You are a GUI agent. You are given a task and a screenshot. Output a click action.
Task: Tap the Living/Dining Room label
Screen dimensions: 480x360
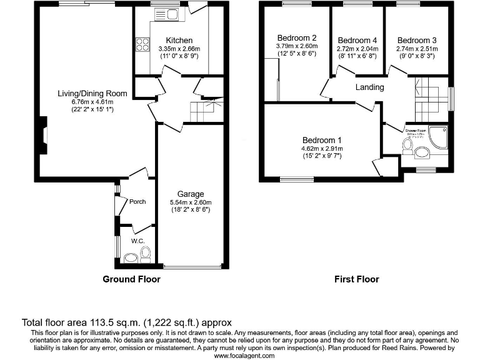coord(92,94)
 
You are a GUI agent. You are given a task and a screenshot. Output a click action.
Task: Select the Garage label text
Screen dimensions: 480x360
coord(191,194)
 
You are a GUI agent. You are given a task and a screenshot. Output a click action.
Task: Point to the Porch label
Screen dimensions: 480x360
coord(137,202)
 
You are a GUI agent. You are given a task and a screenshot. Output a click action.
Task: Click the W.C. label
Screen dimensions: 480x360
coord(137,241)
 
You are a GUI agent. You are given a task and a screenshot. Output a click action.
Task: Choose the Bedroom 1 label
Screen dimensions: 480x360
coord(322,140)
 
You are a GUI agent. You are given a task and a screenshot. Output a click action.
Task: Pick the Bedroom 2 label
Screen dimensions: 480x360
coord(296,37)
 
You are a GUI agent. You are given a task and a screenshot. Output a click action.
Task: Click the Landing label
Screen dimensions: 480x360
coord(369,87)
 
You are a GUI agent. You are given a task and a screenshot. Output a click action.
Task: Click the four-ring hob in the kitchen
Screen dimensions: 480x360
coord(142,44)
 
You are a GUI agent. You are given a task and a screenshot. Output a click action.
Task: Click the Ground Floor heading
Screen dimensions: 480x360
coord(131,279)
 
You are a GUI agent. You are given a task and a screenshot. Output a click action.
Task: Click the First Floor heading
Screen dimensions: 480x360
coord(357,279)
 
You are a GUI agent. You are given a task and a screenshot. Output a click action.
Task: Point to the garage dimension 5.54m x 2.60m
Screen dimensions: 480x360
coord(191,202)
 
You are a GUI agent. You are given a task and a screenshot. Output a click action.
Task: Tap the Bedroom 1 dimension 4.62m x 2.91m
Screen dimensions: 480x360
coord(322,149)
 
